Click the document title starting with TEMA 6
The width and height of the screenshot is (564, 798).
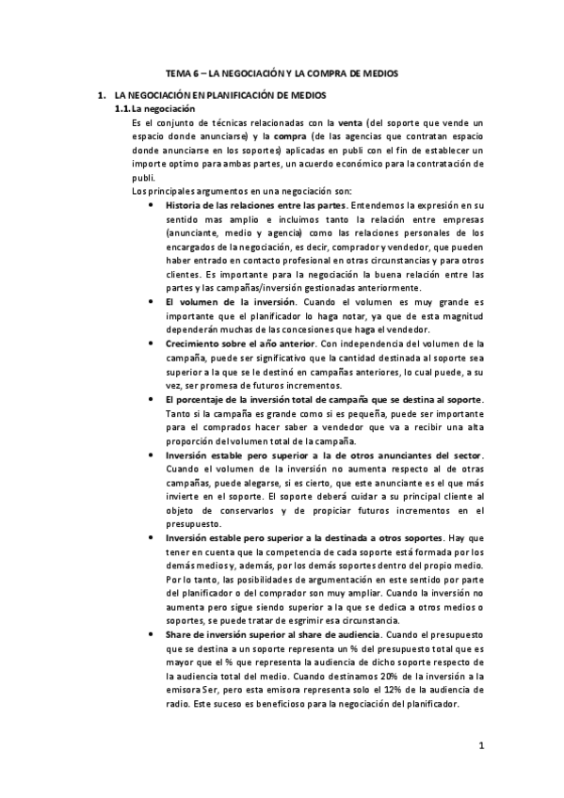tap(282, 72)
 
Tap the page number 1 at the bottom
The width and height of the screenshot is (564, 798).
tap(480, 748)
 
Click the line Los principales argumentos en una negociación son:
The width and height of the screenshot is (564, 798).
tap(217, 191)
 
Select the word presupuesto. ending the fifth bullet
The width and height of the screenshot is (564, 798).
tap(192, 523)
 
